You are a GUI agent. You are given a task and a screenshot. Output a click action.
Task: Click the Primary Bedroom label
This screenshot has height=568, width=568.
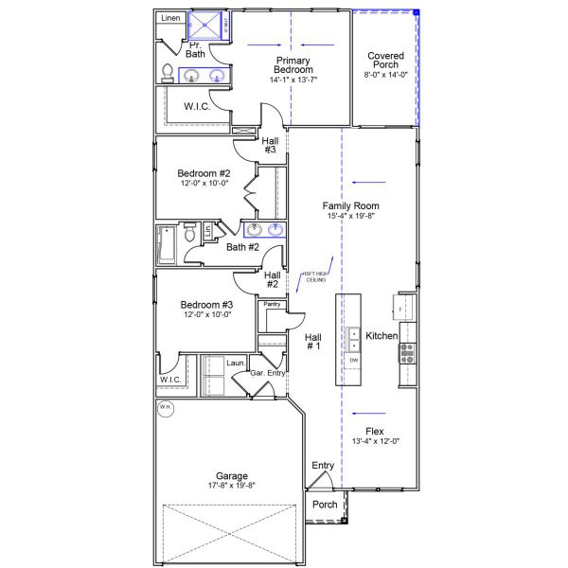click(x=293, y=65)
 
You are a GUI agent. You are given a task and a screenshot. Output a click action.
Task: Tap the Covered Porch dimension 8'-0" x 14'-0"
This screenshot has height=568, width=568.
click(x=386, y=74)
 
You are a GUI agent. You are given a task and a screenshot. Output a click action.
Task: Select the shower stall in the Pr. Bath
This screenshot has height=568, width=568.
click(x=208, y=26)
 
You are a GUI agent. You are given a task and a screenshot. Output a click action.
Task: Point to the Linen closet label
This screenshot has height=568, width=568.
click(x=169, y=18)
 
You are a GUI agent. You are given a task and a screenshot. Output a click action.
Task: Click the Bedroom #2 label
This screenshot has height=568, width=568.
click(x=204, y=173)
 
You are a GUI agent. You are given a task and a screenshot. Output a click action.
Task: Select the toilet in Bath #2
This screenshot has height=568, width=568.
click(x=190, y=231)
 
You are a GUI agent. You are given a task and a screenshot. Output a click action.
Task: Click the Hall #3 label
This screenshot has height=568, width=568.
click(x=270, y=144)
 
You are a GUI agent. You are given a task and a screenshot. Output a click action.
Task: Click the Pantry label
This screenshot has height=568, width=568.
click(x=273, y=304)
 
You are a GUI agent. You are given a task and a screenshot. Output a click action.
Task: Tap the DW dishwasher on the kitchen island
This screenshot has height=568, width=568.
click(x=353, y=361)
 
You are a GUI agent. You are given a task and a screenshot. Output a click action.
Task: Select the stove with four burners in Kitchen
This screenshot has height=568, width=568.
click(x=408, y=353)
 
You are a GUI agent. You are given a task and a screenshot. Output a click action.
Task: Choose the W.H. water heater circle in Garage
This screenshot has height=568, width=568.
click(x=166, y=408)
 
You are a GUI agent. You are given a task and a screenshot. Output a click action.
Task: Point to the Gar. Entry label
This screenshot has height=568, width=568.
click(x=269, y=374)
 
